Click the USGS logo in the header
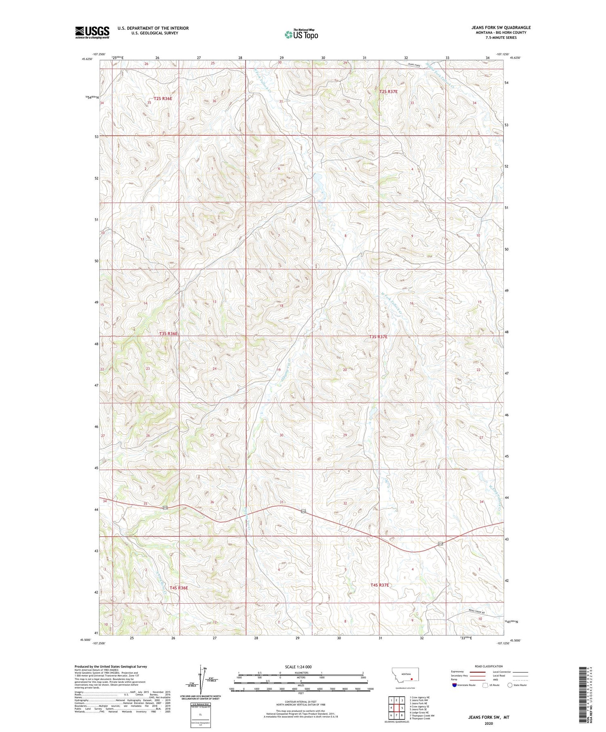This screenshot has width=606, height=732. tap(92, 32)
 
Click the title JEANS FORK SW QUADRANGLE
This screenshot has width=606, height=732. tap(501, 27)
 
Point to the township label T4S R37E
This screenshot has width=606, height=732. tap(379, 585)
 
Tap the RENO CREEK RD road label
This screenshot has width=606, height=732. tap(475, 611)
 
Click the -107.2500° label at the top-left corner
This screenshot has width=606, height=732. tap(98, 54)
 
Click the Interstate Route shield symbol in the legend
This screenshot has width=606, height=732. tap(455, 685)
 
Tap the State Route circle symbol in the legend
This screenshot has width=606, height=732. tap(510, 685)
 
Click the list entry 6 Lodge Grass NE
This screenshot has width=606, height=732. tap(419, 713)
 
